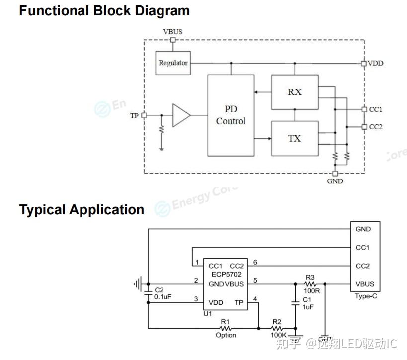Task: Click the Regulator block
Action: [173, 63]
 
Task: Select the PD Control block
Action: [231, 115]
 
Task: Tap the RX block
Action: [295, 92]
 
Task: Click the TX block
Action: [295, 138]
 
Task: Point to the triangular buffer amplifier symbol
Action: [181, 115]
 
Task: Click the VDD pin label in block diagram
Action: [375, 63]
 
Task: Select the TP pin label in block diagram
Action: [134, 115]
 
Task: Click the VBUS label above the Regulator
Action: [173, 31]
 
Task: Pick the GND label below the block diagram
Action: [335, 181]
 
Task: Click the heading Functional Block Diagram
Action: [104, 10]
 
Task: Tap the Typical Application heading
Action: [81, 209]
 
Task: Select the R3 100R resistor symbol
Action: [310, 284]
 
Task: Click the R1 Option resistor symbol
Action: [226, 328]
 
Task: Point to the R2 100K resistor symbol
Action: [277, 328]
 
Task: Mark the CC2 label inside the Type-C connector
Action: [363, 266]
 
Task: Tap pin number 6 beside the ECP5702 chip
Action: [255, 262]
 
